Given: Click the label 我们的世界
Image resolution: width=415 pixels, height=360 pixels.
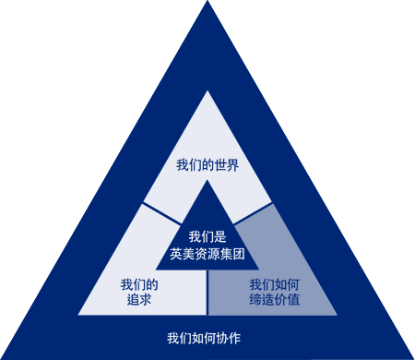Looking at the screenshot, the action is point(207,166).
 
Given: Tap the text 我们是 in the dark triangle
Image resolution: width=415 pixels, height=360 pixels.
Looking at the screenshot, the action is point(207,237).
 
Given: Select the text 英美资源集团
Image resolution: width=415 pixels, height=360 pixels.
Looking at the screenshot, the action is point(207,254).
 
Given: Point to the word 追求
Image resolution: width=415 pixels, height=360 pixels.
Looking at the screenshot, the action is point(139,300).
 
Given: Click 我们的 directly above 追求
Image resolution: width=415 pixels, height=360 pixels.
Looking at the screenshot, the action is point(139,284).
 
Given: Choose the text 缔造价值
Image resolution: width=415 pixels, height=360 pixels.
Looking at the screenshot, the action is point(274,300).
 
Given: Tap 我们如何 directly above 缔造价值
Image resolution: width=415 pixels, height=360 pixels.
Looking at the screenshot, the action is point(274,284).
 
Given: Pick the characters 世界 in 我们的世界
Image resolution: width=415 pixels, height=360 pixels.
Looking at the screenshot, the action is point(226,166).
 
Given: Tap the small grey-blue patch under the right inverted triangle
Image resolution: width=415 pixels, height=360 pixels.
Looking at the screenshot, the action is point(332,213).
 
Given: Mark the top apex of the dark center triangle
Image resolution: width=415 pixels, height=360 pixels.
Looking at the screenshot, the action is point(207,182).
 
